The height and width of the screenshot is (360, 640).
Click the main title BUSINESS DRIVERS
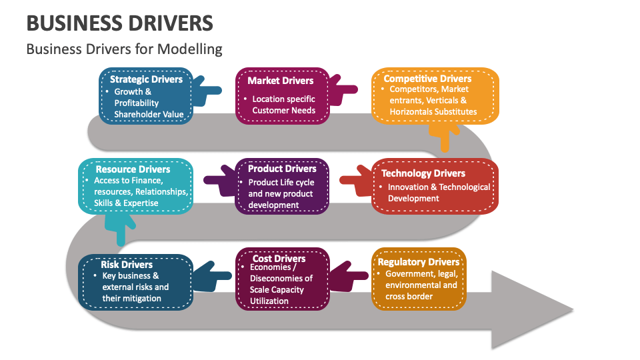point(120,23)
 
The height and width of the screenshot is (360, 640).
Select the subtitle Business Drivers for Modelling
point(124,49)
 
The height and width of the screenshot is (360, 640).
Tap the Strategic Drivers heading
point(146,79)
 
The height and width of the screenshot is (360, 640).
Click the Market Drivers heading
point(280,81)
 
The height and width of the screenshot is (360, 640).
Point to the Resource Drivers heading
point(133,169)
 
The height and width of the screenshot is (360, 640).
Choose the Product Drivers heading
point(282,169)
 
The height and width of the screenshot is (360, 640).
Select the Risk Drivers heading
point(127,265)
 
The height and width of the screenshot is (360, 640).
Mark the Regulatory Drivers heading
point(419,262)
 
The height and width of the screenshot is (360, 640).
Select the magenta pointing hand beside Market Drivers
point(345,94)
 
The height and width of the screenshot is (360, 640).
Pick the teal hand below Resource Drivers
point(121,230)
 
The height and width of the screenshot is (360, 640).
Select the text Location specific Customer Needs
point(283,105)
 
